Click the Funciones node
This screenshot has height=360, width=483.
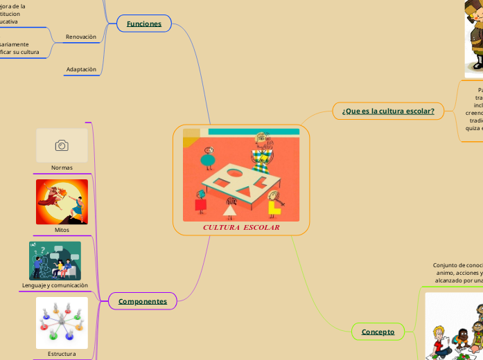click(143, 24)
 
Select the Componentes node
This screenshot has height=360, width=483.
click(143, 301)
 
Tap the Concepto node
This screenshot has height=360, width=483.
click(378, 332)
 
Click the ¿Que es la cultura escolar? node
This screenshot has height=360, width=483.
click(388, 111)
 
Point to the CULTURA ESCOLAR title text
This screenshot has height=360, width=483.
click(241, 227)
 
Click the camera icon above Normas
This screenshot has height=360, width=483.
click(62, 145)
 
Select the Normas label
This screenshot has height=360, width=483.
click(62, 168)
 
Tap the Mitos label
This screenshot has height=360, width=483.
click(62, 229)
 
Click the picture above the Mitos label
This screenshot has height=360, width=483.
click(62, 201)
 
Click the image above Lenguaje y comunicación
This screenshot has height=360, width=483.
click(55, 260)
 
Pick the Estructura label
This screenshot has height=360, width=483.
click(62, 354)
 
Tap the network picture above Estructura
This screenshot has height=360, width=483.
click(62, 323)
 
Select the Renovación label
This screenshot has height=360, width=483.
click(80, 37)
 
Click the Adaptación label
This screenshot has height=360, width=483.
click(81, 69)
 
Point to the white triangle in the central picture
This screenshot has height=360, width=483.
click(230, 210)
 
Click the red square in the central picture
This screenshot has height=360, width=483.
click(200, 205)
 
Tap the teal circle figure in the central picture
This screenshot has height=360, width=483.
click(207, 160)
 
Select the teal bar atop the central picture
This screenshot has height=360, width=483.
click(253, 132)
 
